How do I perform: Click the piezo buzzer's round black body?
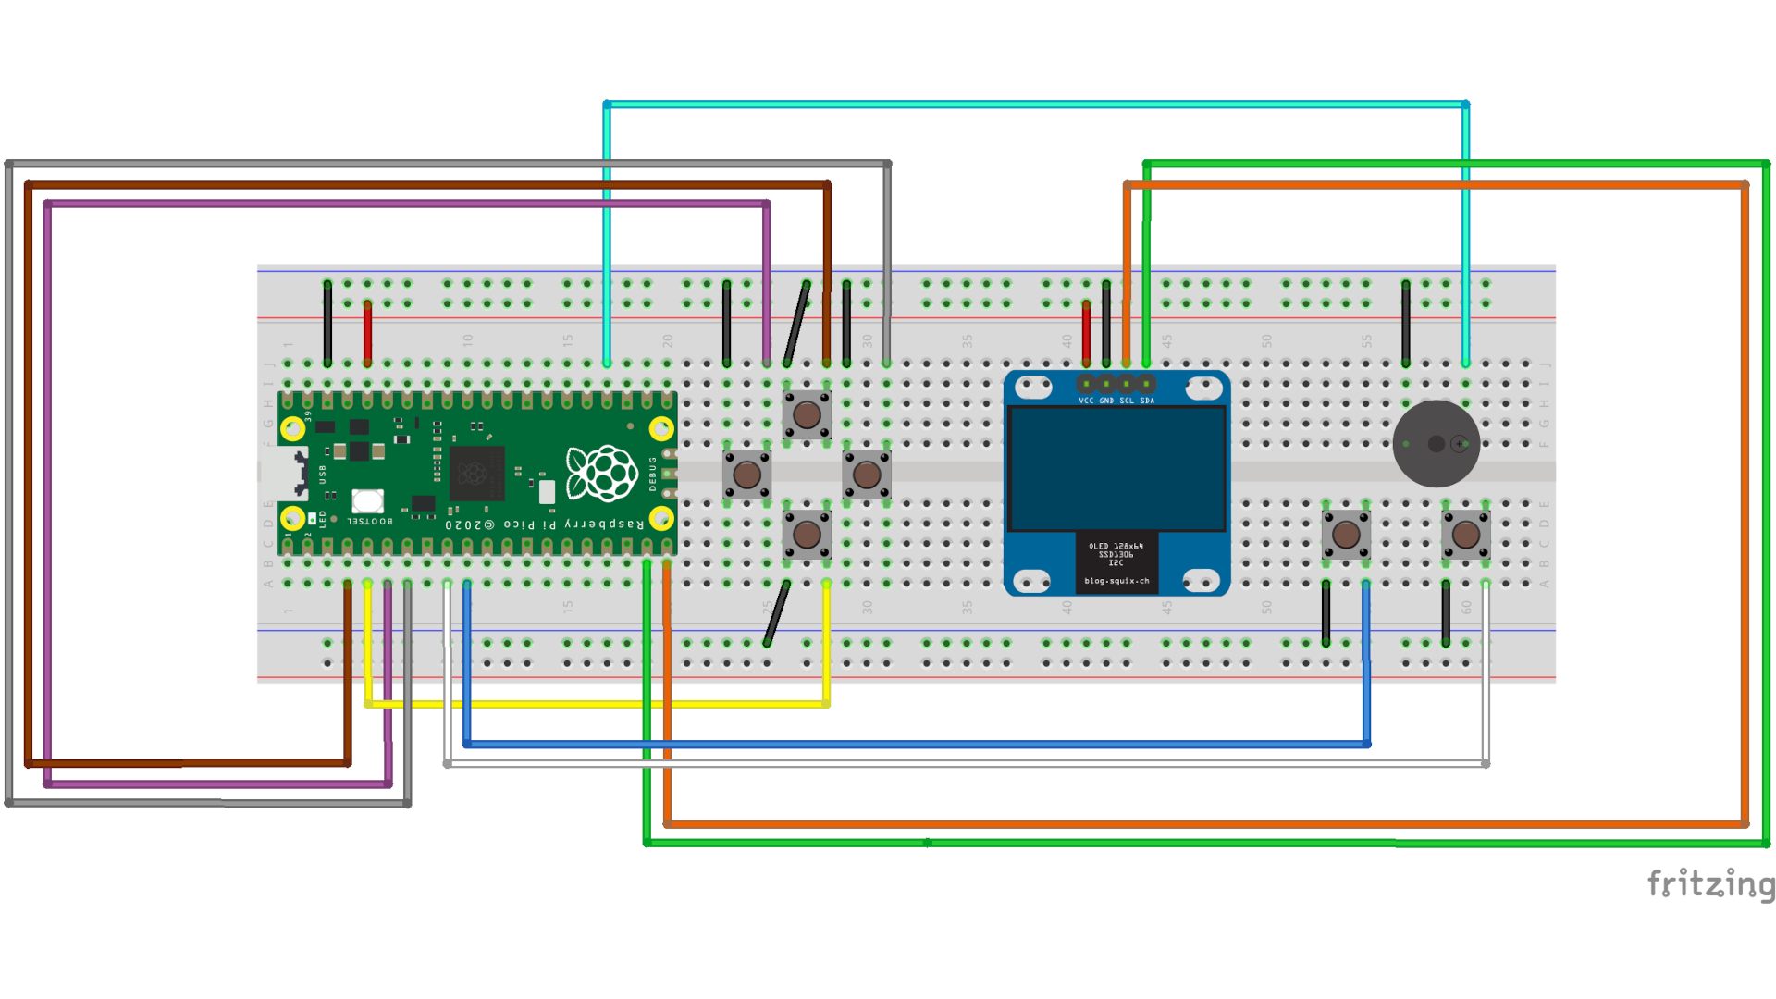1435,444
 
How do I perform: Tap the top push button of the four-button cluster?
807,414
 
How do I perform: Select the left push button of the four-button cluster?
746,475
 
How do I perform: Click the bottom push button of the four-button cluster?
807,534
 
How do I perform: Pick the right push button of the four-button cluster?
867,475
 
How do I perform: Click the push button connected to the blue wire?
1346,534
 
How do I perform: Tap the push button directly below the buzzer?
1465,534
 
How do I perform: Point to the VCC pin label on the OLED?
1086,401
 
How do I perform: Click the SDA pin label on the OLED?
1147,401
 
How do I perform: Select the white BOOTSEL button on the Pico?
367,500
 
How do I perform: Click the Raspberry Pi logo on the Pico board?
602,473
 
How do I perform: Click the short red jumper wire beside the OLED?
1086,333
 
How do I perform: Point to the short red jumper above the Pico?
367,333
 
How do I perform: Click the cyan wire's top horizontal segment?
1036,105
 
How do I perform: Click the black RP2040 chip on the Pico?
477,474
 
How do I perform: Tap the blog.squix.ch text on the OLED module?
1116,581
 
